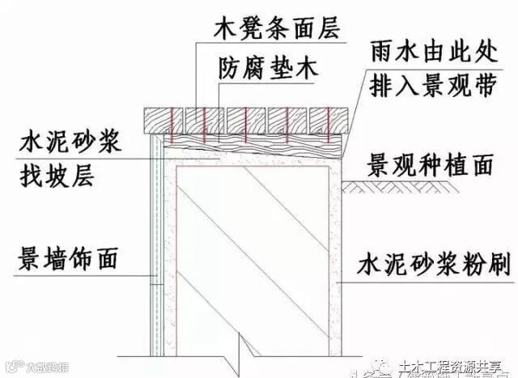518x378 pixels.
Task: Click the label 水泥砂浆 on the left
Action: click(70, 144)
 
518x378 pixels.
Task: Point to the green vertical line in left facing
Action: click(162, 243)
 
